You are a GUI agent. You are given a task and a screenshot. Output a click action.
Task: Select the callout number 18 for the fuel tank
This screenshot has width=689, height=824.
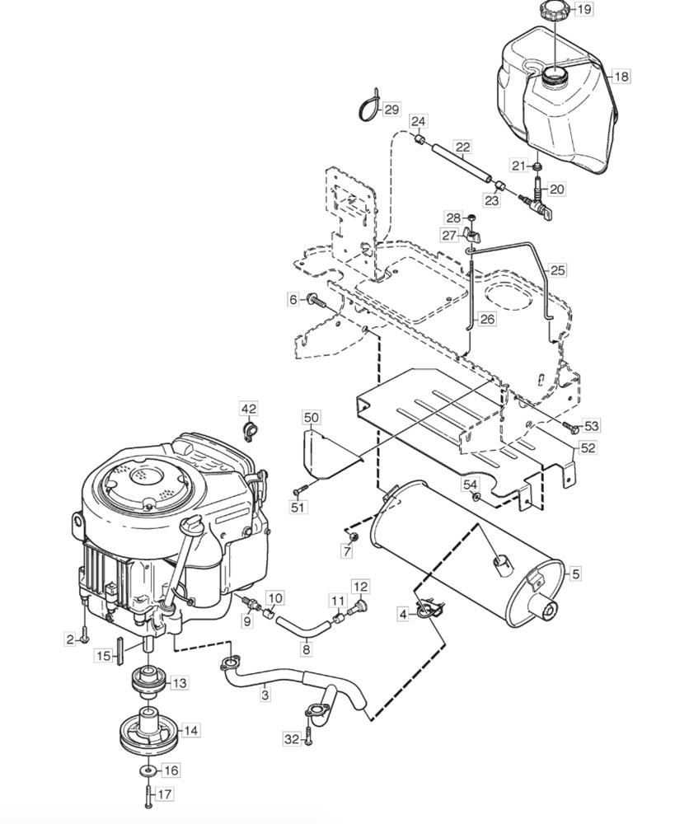point(621,77)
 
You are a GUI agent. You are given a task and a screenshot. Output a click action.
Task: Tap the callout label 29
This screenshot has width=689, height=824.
point(391,110)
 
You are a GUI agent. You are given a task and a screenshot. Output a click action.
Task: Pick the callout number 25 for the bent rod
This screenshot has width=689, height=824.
point(558,270)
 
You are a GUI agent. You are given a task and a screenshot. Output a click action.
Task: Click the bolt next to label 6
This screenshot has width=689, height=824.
point(316,301)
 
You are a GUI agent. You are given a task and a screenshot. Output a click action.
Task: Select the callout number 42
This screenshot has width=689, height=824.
point(249,410)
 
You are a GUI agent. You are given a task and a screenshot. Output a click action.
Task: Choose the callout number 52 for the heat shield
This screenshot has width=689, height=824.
point(588,447)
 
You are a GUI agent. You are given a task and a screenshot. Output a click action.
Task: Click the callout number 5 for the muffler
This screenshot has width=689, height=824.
point(576,574)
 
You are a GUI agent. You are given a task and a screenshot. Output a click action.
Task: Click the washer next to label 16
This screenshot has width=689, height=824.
point(148,771)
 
